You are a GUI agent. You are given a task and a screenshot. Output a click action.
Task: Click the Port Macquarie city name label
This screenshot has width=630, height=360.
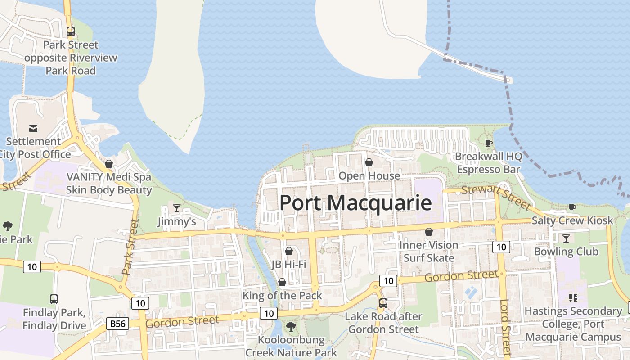pyautogui.click(x=355, y=202)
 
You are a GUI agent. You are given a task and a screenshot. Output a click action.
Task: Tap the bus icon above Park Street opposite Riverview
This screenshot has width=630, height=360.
pyautogui.click(x=71, y=31)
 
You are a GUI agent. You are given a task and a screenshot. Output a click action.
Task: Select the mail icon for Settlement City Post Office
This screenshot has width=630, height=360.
pyautogui.click(x=33, y=129)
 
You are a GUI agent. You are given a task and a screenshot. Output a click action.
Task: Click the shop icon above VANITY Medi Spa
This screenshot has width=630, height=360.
pyautogui.click(x=109, y=164)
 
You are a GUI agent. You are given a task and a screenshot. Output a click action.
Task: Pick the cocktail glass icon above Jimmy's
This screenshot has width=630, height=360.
pyautogui.click(x=177, y=208)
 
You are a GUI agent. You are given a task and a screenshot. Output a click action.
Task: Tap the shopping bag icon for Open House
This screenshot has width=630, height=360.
pyautogui.click(x=369, y=162)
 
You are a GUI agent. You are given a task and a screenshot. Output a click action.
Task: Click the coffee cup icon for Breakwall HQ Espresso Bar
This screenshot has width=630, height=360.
pyautogui.click(x=488, y=144)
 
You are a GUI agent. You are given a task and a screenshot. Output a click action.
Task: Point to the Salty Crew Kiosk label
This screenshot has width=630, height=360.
pyautogui.click(x=572, y=220)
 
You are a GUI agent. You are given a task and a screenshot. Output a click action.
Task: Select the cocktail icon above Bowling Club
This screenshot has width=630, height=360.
pyautogui.click(x=566, y=238)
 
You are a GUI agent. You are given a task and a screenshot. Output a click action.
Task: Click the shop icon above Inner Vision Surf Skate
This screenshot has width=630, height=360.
pyautogui.click(x=429, y=232)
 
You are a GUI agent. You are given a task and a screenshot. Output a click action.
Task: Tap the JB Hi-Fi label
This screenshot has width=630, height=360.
pyautogui.click(x=289, y=264)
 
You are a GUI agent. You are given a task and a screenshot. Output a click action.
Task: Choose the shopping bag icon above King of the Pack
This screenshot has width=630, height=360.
pyautogui.click(x=282, y=282)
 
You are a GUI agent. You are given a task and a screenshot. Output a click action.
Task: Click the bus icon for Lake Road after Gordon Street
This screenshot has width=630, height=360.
pyautogui.click(x=383, y=303)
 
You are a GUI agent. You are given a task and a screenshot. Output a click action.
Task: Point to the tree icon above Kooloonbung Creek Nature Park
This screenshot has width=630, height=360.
pyautogui.click(x=291, y=326)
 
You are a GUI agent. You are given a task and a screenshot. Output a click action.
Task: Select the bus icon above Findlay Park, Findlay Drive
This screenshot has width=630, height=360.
pyautogui.click(x=54, y=299)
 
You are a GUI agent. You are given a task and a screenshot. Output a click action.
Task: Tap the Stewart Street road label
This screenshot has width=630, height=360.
pyautogui.click(x=496, y=196)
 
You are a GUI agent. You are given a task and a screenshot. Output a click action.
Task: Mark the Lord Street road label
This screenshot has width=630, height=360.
pyautogui.click(x=505, y=328)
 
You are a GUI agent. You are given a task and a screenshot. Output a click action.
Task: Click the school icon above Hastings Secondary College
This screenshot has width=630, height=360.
pyautogui.click(x=573, y=297)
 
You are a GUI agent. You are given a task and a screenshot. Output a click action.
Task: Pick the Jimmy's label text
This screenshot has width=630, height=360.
pyautogui.click(x=177, y=221)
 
